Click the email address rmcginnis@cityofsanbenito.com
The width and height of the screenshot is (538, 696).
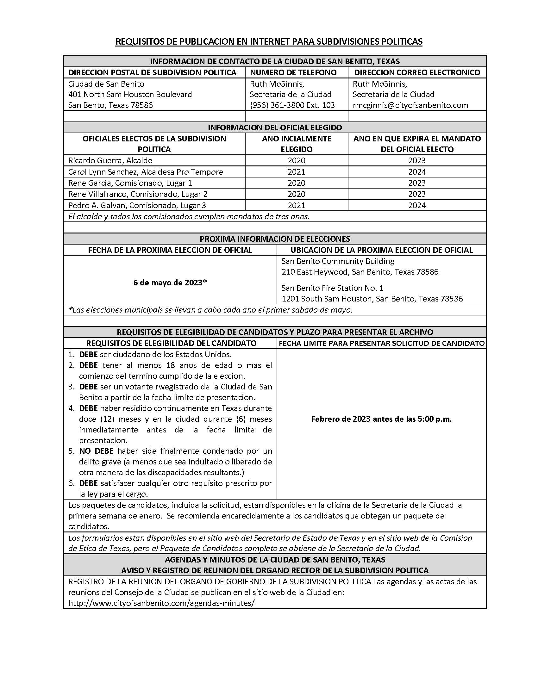tap(410, 105)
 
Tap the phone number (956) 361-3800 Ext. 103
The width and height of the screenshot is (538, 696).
tap(292, 105)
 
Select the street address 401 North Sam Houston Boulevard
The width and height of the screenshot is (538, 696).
tap(130, 94)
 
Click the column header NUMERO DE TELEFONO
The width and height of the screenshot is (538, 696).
tap(293, 72)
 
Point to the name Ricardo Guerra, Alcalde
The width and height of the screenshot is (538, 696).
tap(110, 160)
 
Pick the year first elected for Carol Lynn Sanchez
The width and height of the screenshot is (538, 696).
tap(297, 172)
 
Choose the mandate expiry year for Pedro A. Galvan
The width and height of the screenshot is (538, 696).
tap(417, 205)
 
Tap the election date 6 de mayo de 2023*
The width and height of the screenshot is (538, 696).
tap(170, 283)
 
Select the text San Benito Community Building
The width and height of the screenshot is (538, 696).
tap(338, 261)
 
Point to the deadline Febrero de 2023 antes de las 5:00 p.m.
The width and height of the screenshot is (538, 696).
tap(381, 419)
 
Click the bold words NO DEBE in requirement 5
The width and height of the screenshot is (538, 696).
tap(96, 451)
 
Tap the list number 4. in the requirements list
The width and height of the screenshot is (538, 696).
tap(72, 408)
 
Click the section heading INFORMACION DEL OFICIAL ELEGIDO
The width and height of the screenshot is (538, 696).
tap(275, 127)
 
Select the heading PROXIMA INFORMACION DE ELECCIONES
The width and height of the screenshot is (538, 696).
tap(275, 239)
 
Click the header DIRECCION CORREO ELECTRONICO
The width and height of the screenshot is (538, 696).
tap(417, 72)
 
